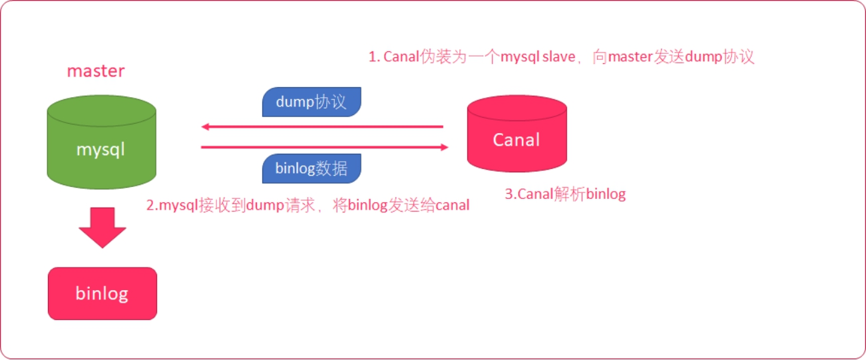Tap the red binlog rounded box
102,293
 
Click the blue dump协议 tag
311,102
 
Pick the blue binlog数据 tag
311,168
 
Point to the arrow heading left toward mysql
322,126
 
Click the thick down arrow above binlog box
102,227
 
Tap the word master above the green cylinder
95,71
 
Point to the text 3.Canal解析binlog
565,194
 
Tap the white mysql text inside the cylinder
101,150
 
